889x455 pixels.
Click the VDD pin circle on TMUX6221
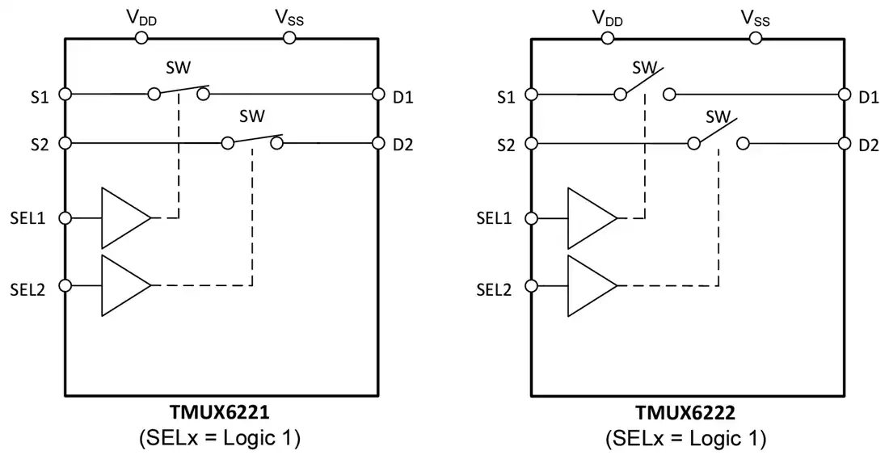pyautogui.click(x=141, y=38)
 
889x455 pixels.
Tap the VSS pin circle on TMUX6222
pyautogui.click(x=755, y=38)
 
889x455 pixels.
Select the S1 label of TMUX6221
pyautogui.click(x=40, y=97)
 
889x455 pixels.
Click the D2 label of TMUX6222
pyautogui.click(x=868, y=145)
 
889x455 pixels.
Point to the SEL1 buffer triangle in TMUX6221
pyautogui.click(x=126, y=218)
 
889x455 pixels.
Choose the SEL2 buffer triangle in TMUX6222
pyautogui.click(x=592, y=285)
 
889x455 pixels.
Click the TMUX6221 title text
pyautogui.click(x=219, y=412)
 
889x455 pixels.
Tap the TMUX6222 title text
pyautogui.click(x=685, y=412)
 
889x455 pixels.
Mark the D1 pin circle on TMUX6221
pyautogui.click(x=378, y=94)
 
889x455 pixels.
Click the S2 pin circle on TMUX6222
pyautogui.click(x=531, y=143)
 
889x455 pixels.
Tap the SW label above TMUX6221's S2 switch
pyautogui.click(x=251, y=116)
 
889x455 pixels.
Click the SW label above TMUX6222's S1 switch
pyautogui.click(x=644, y=67)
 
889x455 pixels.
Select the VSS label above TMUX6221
pyautogui.click(x=289, y=19)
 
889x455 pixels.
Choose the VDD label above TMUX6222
pyautogui.click(x=607, y=19)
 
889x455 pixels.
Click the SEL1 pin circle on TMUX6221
pyautogui.click(x=65, y=218)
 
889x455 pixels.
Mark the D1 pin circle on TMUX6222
pyautogui.click(x=845, y=94)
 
